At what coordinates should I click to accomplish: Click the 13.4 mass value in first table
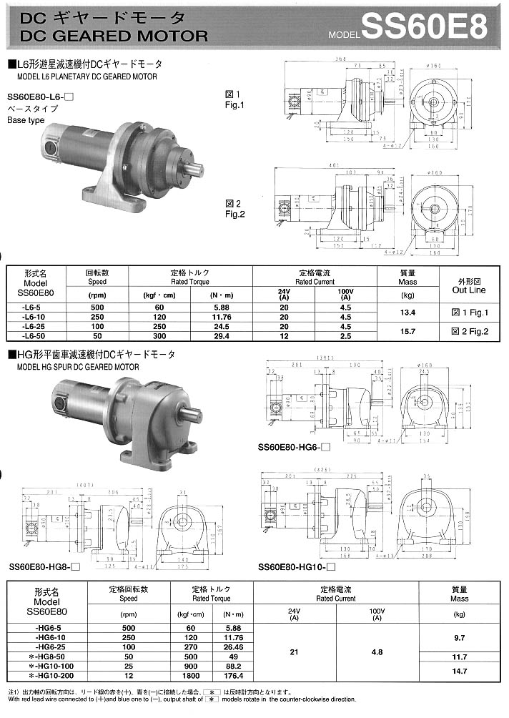pyautogui.click(x=407, y=313)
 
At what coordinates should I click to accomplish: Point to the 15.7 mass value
pyautogui.click(x=407, y=330)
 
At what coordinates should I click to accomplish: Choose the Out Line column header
pyautogui.click(x=469, y=290)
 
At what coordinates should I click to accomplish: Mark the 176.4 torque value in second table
pyautogui.click(x=232, y=676)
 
